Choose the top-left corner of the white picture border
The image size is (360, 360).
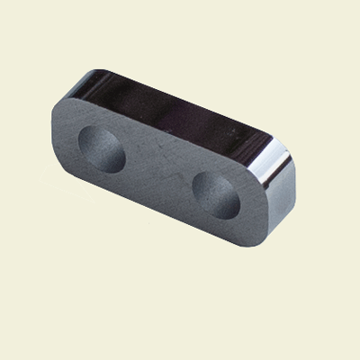click(2, 2)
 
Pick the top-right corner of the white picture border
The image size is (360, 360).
click(357, 2)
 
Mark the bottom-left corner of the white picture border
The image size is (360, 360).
click(2, 357)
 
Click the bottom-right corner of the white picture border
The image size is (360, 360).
click(357, 357)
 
